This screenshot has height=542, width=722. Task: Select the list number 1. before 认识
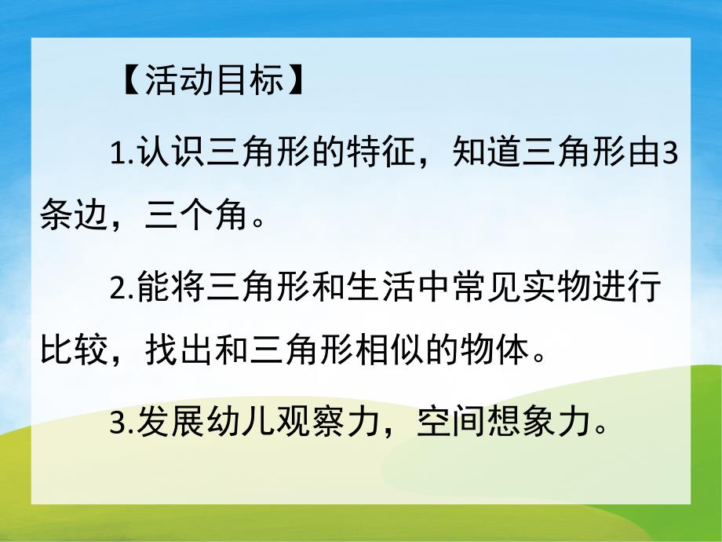pyautogui.click(x=122, y=151)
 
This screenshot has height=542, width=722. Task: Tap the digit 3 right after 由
pyautogui.click(x=671, y=151)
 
